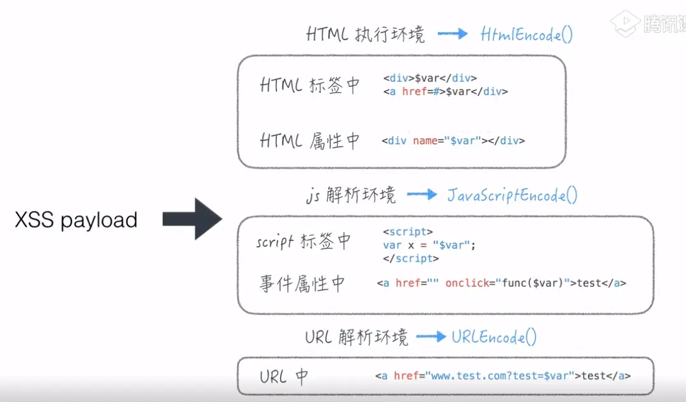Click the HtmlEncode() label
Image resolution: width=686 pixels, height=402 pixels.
pos(526,34)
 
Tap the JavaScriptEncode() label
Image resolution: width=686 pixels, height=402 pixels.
pos(511,194)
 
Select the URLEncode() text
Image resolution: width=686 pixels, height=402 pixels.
pos(494,336)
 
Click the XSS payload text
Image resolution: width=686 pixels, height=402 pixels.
pos(76,220)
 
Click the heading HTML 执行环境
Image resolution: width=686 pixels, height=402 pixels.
pos(366,35)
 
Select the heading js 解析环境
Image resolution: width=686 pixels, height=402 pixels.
pos(350,195)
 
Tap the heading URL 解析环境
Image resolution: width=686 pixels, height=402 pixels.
pos(355,337)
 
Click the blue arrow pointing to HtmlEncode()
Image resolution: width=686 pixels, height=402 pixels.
pos(453,34)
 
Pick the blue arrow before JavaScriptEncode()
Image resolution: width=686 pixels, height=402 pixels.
pos(421,194)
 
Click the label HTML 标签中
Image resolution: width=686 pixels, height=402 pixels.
pos(310,85)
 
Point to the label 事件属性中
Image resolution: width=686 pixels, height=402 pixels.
pos(302,284)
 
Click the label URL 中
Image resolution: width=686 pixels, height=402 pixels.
pos(284,376)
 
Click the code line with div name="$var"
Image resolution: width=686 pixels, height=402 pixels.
pos(453,141)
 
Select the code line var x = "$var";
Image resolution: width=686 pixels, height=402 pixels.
pos(430,245)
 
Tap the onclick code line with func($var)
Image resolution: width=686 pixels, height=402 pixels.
pos(501,283)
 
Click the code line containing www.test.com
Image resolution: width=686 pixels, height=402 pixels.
pos(503,376)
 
